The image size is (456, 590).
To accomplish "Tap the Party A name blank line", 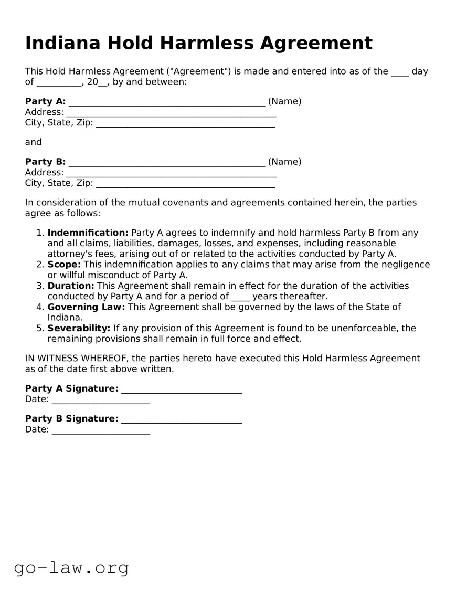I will point(166,102).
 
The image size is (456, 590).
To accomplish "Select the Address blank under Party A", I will point(171,112).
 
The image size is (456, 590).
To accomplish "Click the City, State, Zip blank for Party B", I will point(185,183).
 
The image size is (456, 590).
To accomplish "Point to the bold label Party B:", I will point(45,162).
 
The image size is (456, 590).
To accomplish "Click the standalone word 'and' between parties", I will point(33,142).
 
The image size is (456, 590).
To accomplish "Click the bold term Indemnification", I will point(88,233).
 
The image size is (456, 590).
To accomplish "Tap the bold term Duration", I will point(71,286).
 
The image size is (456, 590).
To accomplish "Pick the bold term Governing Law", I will point(86,307).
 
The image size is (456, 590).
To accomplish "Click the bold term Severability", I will point(79,328).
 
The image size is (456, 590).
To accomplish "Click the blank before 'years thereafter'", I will point(240,297).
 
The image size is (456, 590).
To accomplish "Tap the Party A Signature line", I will point(181,389).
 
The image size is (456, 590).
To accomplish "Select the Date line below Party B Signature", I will point(101,430).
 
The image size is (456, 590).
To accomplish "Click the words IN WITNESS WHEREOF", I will point(77,359).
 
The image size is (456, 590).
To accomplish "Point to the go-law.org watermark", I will point(71,567).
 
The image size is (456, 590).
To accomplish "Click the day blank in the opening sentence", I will point(400,72).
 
